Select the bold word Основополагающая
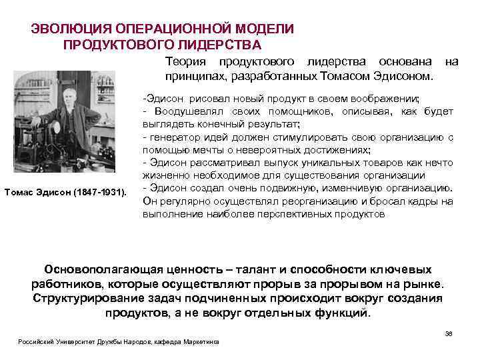coord(113,270)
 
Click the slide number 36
coord(448,333)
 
